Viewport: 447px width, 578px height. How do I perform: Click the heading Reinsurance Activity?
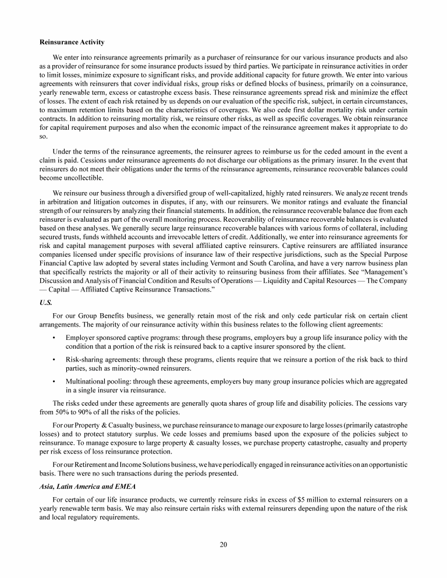pos(72,42)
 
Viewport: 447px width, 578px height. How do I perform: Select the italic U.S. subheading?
pos(46,303)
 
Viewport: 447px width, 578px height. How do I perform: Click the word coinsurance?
pos(387,85)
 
